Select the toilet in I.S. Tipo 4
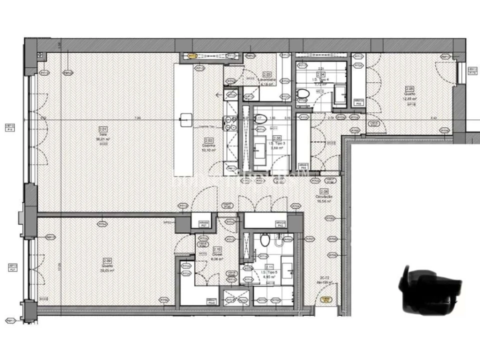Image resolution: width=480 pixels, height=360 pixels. (x=302, y=94)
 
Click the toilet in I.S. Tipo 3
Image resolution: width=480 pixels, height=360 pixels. (x=260, y=119)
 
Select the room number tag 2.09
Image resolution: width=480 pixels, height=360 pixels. (x=107, y=260)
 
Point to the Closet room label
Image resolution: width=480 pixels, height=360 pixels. (x=217, y=254)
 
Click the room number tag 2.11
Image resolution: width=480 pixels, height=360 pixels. (x=269, y=267)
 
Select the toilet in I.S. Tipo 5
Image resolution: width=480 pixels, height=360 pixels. (x=264, y=241)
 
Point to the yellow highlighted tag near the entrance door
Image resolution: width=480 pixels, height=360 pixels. (x=326, y=299)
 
